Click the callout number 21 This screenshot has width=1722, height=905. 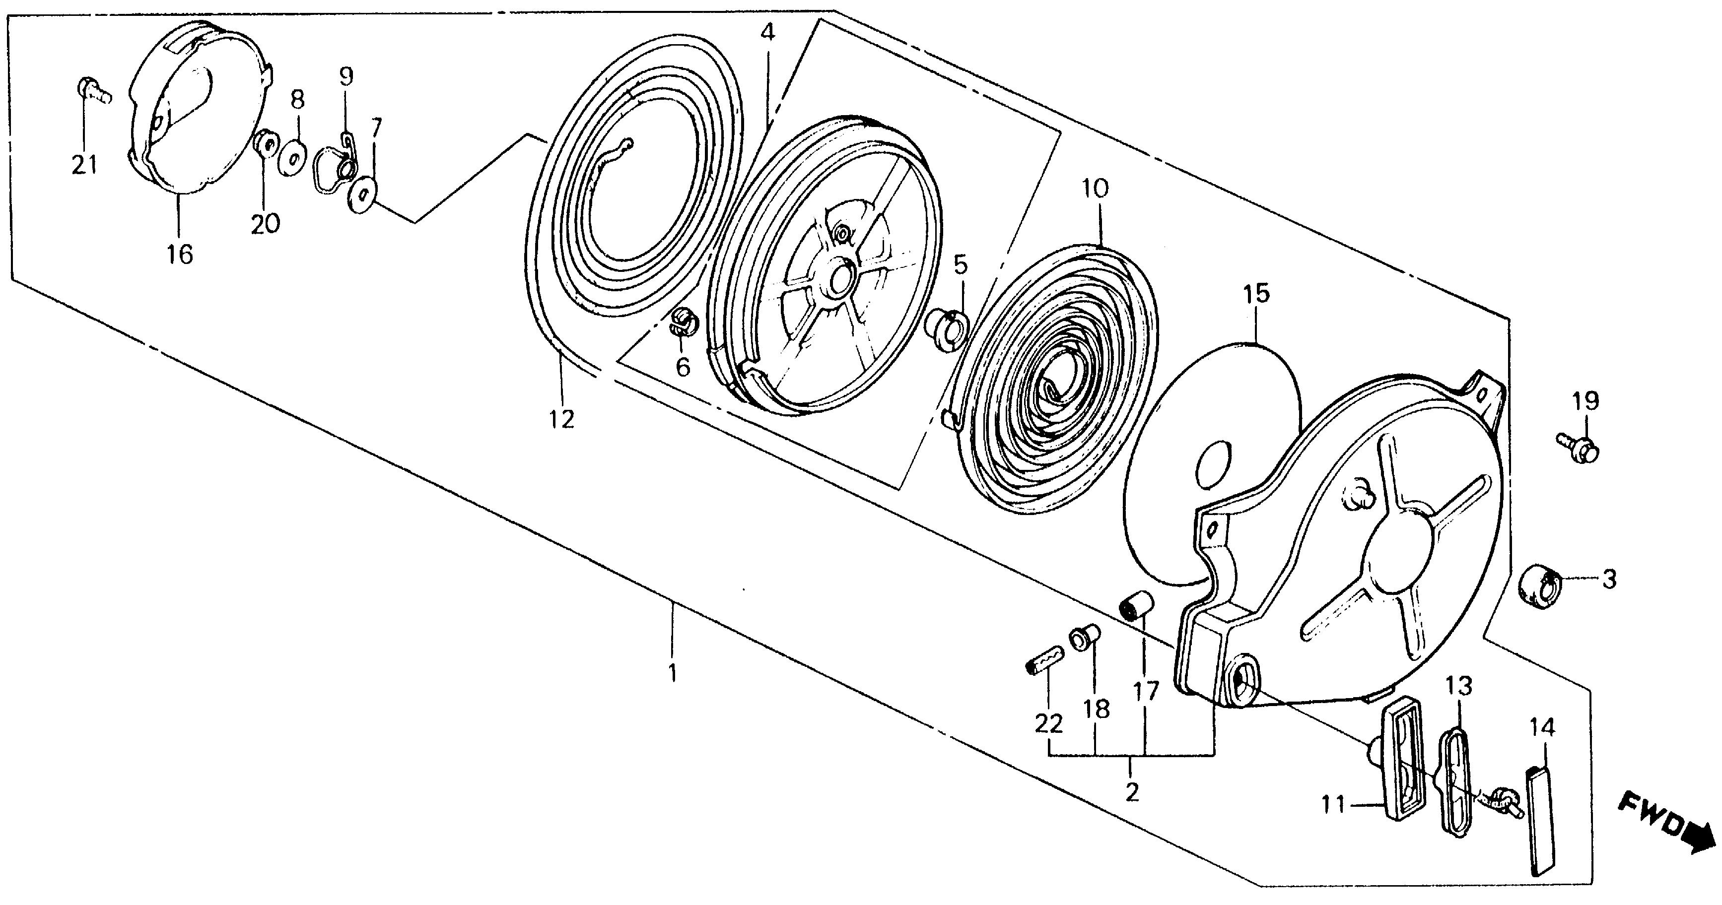pyautogui.click(x=85, y=164)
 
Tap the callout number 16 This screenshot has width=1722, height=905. pyautogui.click(x=180, y=254)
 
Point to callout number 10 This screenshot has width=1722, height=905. pyautogui.click(x=1095, y=189)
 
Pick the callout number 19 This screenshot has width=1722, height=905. pyautogui.click(x=1585, y=401)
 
